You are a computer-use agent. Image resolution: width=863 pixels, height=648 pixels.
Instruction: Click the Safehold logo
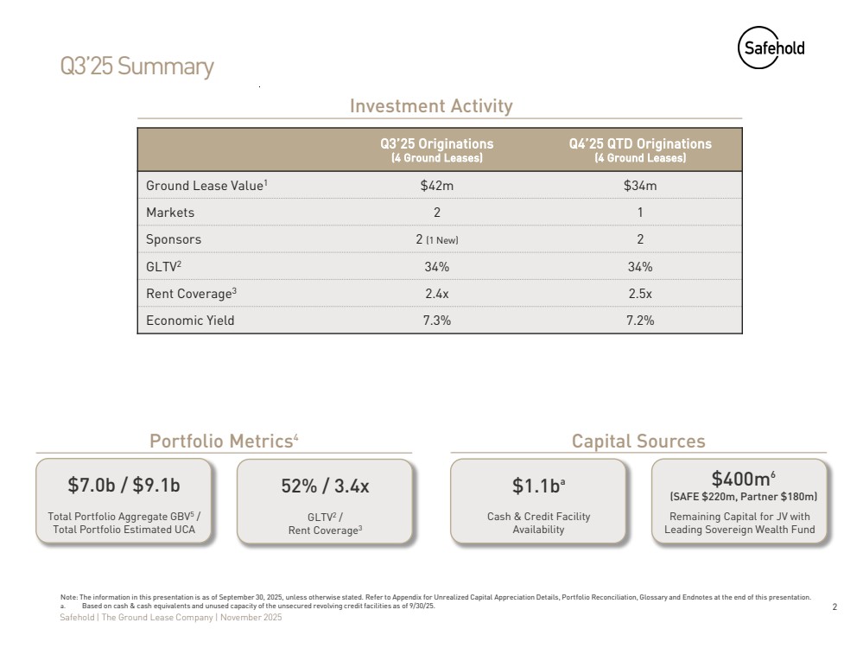click(x=771, y=48)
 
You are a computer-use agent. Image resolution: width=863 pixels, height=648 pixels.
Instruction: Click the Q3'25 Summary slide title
click(x=136, y=67)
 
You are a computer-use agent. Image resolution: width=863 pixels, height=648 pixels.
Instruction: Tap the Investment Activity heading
click(x=431, y=106)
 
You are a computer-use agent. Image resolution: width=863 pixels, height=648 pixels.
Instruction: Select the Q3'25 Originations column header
click(x=437, y=149)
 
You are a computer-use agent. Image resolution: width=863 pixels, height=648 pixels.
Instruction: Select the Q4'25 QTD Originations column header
click(x=640, y=149)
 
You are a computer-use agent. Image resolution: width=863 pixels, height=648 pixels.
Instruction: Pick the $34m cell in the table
click(x=640, y=186)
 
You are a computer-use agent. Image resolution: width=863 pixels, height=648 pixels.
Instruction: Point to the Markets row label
click(x=170, y=213)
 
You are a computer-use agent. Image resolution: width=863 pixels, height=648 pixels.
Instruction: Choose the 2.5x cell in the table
click(x=640, y=294)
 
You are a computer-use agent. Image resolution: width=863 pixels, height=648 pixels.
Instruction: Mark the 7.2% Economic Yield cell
click(x=640, y=321)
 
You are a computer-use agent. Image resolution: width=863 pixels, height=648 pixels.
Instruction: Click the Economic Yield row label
click(x=190, y=321)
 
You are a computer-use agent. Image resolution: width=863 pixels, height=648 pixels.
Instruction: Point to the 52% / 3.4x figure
click(x=325, y=486)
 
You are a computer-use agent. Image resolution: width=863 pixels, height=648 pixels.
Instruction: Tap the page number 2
click(x=834, y=607)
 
